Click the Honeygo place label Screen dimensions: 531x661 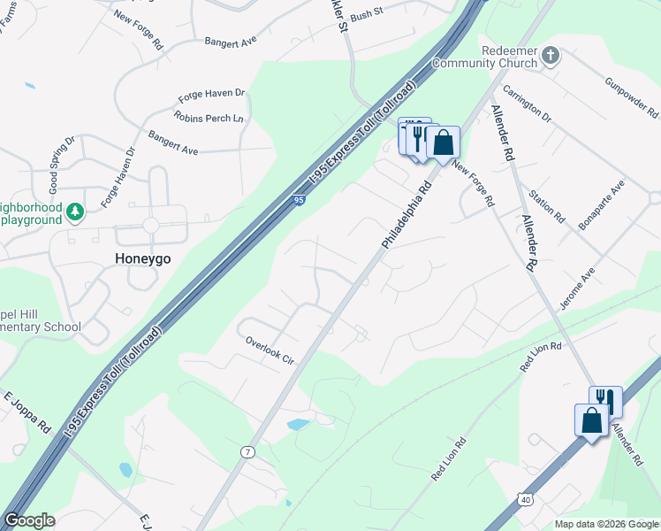click(x=143, y=258)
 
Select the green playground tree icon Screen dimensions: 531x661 click(x=75, y=212)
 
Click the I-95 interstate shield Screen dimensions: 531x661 click(x=300, y=202)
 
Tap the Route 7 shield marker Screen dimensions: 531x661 click(x=247, y=452)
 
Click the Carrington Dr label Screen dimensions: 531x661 click(x=527, y=105)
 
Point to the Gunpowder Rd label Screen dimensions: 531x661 click(x=632, y=98)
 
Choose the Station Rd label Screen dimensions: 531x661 click(x=546, y=205)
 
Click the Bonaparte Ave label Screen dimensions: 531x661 click(x=601, y=205)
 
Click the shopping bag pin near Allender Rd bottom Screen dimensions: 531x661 click(x=590, y=419)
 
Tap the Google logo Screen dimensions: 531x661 click(x=29, y=520)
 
